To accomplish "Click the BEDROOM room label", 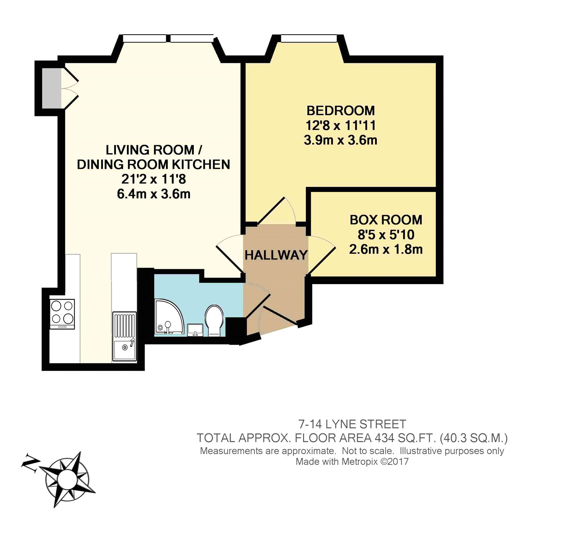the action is click(340, 111).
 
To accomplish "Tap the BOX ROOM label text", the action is click(386, 220).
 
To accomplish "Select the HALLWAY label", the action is click(276, 255).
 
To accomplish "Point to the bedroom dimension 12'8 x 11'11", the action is click(340, 125).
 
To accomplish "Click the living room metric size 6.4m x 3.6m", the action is click(154, 194).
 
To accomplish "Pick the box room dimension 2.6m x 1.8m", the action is click(386, 250).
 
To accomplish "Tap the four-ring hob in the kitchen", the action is click(62, 314).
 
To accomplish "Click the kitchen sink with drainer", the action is click(124, 336).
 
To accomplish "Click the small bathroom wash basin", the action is click(195, 330).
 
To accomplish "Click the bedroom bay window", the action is click(309, 38).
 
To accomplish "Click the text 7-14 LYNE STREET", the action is click(352, 424).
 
